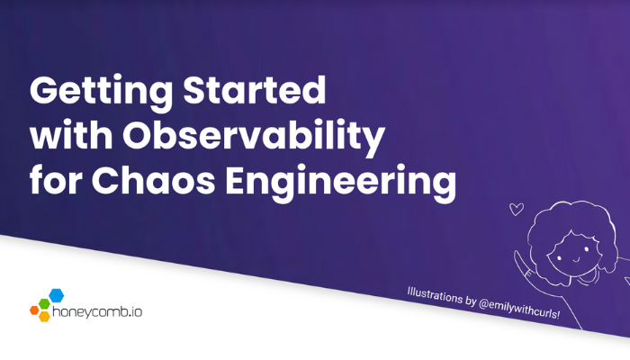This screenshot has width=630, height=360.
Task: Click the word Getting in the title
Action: pos(102,92)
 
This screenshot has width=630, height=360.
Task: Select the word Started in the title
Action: pos(255,90)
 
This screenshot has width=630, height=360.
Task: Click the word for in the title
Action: pos(56,179)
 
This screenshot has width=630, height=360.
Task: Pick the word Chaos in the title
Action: pos(154,180)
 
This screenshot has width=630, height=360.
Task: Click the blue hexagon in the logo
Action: pos(56,295)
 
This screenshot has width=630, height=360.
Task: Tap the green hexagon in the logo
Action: pos(44,304)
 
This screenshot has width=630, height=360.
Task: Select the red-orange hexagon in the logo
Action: pos(34,310)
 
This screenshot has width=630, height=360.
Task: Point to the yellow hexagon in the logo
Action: pos(44,316)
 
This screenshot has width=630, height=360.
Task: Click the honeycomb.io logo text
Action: pos(97,311)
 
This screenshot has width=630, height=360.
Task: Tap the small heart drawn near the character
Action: pos(517,209)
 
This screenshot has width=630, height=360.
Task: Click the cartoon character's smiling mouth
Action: pos(575,258)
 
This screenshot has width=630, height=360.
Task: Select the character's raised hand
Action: pos(521,260)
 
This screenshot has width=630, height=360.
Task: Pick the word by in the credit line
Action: pos(471,301)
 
